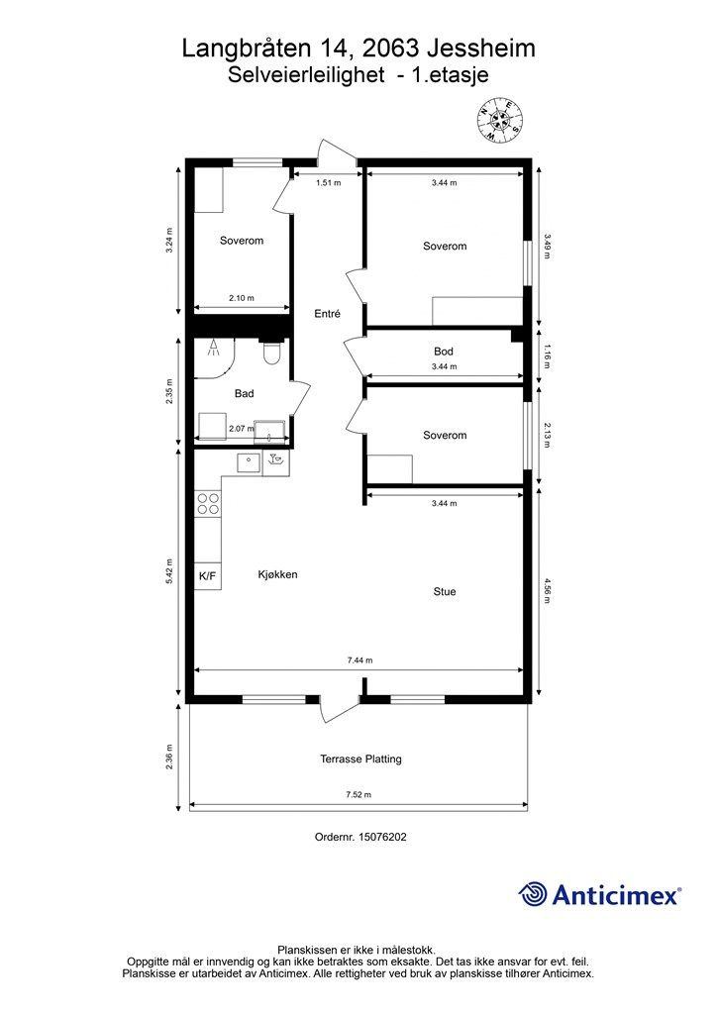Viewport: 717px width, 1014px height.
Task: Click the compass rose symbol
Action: (499, 120)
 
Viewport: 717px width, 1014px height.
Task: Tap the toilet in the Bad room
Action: (271, 352)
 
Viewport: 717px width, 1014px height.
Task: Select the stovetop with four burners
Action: (208, 504)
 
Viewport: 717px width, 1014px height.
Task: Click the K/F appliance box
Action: (208, 576)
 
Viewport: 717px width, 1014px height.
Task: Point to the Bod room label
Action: (444, 352)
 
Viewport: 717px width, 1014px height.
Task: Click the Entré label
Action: (327, 314)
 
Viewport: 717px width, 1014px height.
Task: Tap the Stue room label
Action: (445, 591)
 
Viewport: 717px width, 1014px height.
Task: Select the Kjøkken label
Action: (277, 574)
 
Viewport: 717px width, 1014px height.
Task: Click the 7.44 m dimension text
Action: (359, 660)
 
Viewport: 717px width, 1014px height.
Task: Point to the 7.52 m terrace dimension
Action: (358, 795)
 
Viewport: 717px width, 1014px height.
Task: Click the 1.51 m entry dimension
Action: (328, 183)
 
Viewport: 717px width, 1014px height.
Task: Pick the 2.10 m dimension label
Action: (242, 298)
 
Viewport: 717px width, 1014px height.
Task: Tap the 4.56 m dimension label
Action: (547, 590)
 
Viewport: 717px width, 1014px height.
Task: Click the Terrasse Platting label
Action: (360, 759)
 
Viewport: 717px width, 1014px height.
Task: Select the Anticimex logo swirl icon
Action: (533, 894)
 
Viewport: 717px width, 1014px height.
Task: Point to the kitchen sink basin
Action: (249, 463)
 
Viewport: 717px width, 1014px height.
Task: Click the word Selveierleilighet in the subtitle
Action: (306, 75)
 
